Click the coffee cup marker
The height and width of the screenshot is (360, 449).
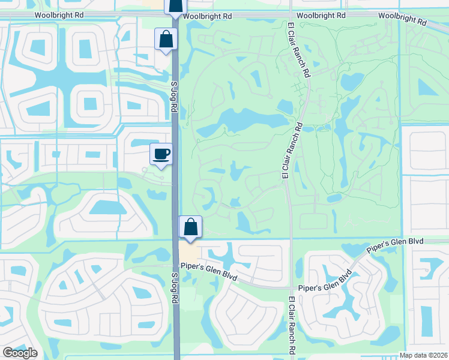pyautogui.click(x=161, y=154)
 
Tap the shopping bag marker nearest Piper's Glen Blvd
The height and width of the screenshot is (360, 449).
pyautogui.click(x=190, y=227)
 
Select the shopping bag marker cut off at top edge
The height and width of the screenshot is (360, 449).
pyautogui.click(x=175, y=7)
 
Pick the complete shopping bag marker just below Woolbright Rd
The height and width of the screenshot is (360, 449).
pyautogui.click(x=165, y=40)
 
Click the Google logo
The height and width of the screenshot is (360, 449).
pyautogui.click(x=19, y=353)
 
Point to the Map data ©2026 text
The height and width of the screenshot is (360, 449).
pyautogui.click(x=423, y=355)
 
